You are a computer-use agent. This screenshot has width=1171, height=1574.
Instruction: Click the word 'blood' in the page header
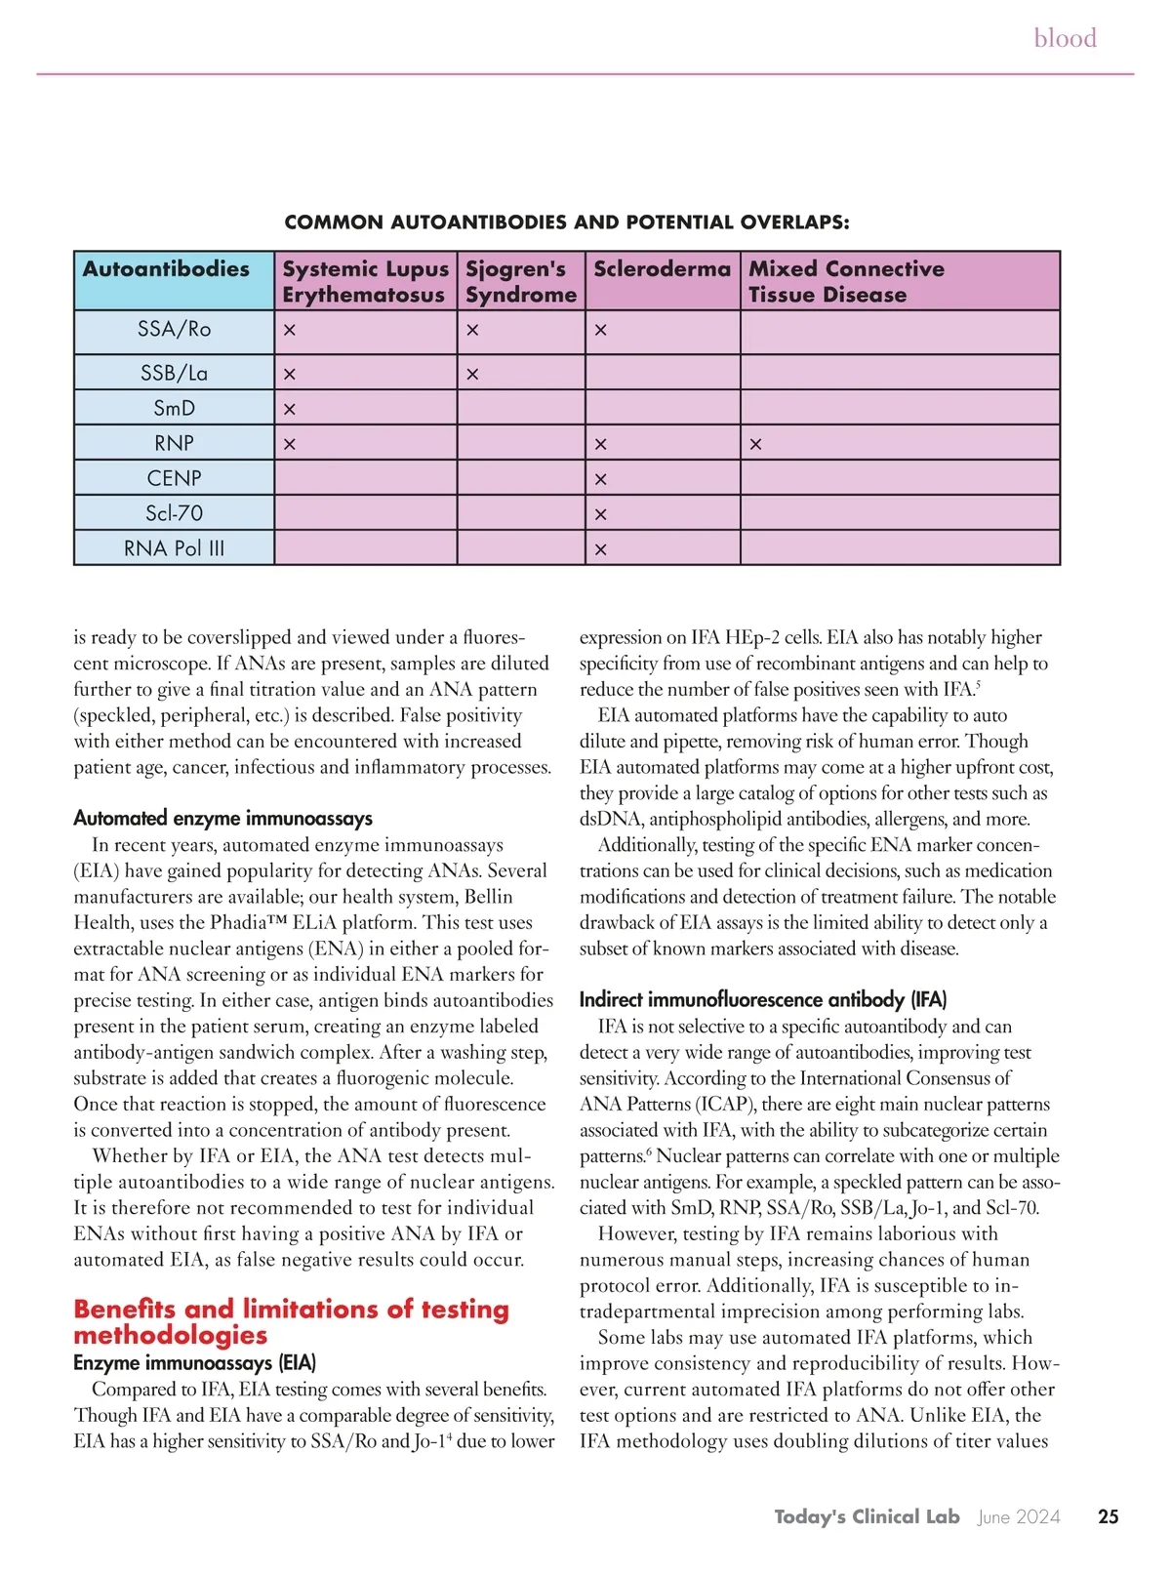(x=1065, y=38)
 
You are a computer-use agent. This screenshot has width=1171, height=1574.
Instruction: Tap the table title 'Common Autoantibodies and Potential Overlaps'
(x=566, y=222)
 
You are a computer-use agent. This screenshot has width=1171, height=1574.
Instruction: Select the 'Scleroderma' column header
(x=662, y=269)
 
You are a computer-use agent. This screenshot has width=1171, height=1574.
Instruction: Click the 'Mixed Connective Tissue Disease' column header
(x=845, y=281)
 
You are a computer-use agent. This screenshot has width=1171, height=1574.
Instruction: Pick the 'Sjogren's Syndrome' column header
(x=520, y=281)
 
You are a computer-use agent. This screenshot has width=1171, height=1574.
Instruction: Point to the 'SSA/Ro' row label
(x=174, y=330)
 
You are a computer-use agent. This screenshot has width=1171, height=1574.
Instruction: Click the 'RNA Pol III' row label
(x=174, y=548)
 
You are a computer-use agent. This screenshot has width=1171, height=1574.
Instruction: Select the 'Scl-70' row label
(x=174, y=513)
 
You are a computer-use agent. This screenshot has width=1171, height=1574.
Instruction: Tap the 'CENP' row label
(x=174, y=478)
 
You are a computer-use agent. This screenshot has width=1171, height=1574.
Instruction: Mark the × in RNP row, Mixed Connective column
(x=755, y=445)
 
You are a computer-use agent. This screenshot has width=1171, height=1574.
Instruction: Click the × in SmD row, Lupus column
(x=289, y=410)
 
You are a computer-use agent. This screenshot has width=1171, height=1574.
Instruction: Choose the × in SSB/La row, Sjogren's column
(x=472, y=375)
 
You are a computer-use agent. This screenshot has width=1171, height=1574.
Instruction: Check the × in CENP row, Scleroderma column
(x=600, y=480)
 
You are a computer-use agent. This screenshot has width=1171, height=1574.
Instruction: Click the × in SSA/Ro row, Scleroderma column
(x=600, y=331)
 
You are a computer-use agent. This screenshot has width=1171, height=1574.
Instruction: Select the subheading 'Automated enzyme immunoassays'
(x=222, y=819)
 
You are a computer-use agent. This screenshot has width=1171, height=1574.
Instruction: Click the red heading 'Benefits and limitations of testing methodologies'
(x=291, y=1321)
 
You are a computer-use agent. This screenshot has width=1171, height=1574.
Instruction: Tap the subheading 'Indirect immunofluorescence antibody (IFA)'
(x=762, y=999)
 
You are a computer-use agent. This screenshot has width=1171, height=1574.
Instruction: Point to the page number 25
(x=1108, y=1516)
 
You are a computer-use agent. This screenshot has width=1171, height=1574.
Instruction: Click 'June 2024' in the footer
(x=1018, y=1516)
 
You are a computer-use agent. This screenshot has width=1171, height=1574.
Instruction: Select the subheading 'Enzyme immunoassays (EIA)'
(x=194, y=1362)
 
